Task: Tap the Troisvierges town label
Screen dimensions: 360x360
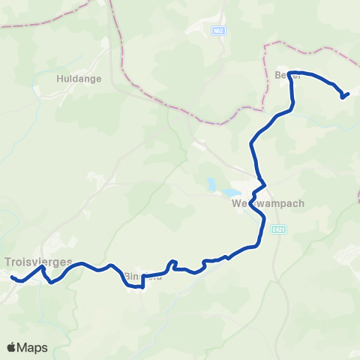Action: pyautogui.click(x=38, y=262)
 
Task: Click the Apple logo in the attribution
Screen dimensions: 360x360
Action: pyautogui.click(x=12, y=347)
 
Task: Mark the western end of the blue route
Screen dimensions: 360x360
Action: pyautogui.click(x=13, y=277)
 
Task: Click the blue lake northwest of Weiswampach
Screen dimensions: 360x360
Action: pyautogui.click(x=214, y=184)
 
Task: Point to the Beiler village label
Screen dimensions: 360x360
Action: pyautogui.click(x=288, y=75)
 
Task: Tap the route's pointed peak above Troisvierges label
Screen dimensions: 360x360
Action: pyautogui.click(x=43, y=267)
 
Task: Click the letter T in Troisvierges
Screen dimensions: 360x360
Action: pyautogui.click(x=7, y=262)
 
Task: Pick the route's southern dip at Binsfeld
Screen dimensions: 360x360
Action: pyautogui.click(x=142, y=286)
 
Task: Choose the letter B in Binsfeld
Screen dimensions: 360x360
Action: pyautogui.click(x=126, y=275)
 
